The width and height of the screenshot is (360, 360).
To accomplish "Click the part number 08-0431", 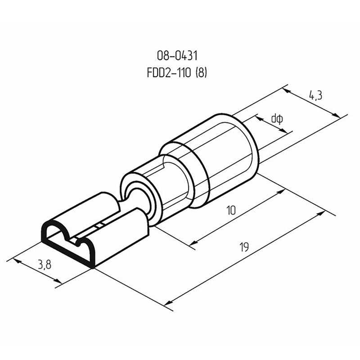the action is (x=177, y=55).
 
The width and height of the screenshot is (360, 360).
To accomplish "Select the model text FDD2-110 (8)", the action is (x=177, y=73).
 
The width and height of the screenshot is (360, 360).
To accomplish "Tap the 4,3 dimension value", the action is (x=316, y=95).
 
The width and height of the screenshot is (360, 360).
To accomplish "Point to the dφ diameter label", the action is (x=277, y=119).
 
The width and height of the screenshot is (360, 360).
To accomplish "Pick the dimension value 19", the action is (x=244, y=247).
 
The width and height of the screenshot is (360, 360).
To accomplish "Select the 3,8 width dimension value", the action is (x=45, y=265).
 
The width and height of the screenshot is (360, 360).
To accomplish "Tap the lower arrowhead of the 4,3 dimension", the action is (x=336, y=116).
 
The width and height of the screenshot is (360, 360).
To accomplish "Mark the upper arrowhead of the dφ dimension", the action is (x=259, y=118).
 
